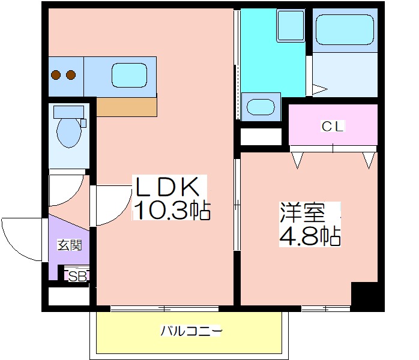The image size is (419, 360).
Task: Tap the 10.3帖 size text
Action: click(171, 210)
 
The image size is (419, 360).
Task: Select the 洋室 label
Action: click(302, 213)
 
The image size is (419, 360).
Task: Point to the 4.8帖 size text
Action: click(309, 236)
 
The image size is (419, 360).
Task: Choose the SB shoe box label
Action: click(77, 276)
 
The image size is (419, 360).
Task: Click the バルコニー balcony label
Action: click(191, 331)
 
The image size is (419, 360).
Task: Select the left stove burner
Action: click(56, 75)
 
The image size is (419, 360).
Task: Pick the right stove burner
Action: click(71, 75)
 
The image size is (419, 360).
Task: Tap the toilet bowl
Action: click(68, 134)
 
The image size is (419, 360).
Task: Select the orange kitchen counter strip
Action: click(127, 107)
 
